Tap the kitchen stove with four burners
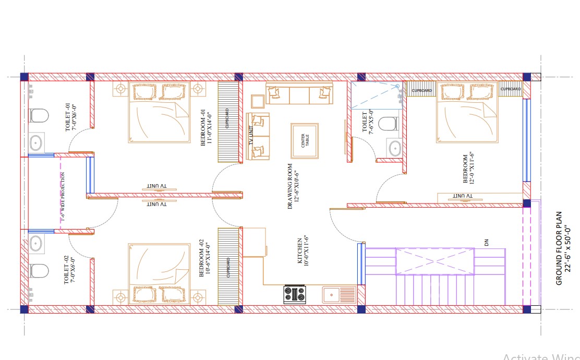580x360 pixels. click(294, 294)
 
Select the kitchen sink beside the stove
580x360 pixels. click(339, 295)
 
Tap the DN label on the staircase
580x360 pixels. click(487, 242)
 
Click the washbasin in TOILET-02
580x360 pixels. click(35, 243)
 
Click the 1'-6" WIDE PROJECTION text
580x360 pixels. click(63, 197)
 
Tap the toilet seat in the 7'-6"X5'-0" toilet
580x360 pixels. click(388, 124)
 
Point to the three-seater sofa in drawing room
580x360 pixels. click(299, 94)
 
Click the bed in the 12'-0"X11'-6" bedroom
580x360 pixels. click(467, 112)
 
